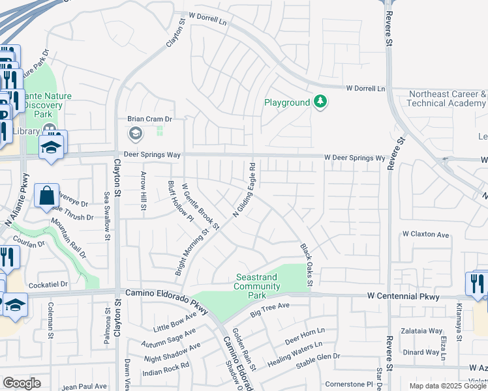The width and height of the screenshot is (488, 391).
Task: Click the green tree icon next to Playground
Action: [320, 102]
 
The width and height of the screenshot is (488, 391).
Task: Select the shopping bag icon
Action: [47, 195]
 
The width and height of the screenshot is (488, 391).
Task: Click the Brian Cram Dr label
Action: [149, 119]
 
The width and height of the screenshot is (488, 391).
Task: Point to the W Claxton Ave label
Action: [426, 234]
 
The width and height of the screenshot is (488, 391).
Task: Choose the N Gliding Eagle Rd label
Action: [243, 190]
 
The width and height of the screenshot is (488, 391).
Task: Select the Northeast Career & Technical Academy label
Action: [448, 98]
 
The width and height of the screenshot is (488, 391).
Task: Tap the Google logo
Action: [22, 383]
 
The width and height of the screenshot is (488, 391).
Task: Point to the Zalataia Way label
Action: [421, 330]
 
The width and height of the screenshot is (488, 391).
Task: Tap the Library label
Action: [26, 132]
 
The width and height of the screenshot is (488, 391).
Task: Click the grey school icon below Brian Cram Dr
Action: [135, 134]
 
